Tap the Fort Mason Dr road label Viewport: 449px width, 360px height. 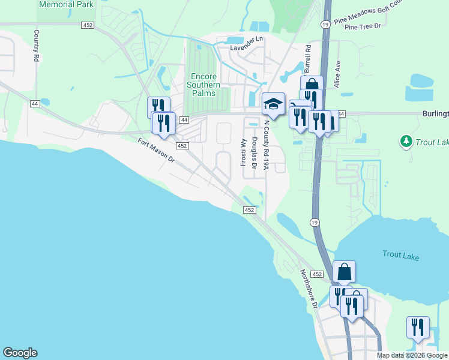[x=155, y=151]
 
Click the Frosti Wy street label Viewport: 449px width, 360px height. [x=244, y=152]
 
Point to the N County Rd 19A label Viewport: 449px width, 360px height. [x=266, y=144]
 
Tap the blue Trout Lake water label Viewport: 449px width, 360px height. [x=401, y=256]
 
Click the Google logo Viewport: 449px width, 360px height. [x=20, y=353]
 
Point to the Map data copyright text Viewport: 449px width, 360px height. [x=412, y=355]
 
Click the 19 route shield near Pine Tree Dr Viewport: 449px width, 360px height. [x=325, y=24]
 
